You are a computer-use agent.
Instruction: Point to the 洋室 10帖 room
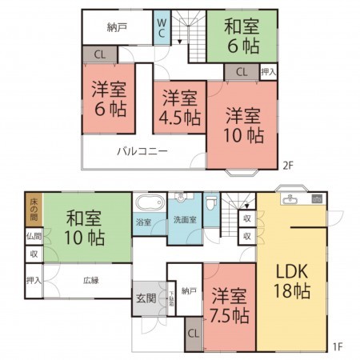(x=243, y=125)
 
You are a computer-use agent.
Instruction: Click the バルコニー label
(x=142, y=150)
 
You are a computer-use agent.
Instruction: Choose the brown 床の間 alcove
(x=33, y=209)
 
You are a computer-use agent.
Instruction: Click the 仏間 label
(x=33, y=236)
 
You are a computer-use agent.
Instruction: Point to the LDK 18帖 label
(x=294, y=280)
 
